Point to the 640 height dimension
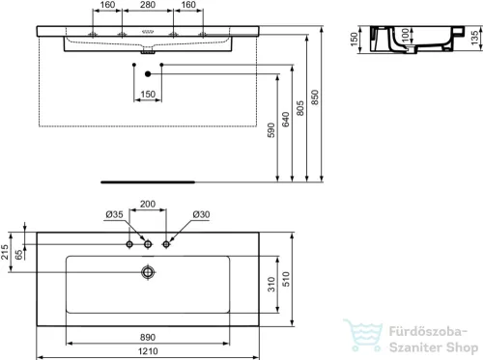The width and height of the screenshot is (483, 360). [x=287, y=121]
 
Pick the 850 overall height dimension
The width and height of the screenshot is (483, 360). [x=316, y=106]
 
